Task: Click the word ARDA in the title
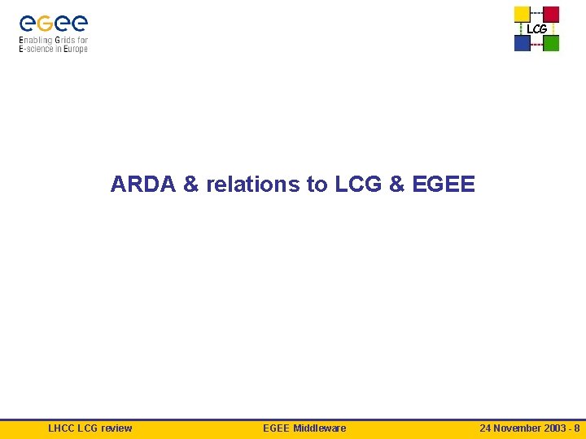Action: (143, 185)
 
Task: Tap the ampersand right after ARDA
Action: (191, 185)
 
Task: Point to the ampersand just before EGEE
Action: (397, 185)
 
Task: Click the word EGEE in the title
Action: (444, 185)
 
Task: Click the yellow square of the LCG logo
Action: (522, 14)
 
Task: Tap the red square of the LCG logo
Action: (551, 14)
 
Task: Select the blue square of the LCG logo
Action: (522, 43)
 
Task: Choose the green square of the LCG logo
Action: (551, 43)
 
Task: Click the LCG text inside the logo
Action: (536, 29)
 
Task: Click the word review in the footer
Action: (116, 428)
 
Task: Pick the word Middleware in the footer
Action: (320, 428)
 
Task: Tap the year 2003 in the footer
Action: (556, 428)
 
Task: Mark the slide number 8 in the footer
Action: (577, 428)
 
